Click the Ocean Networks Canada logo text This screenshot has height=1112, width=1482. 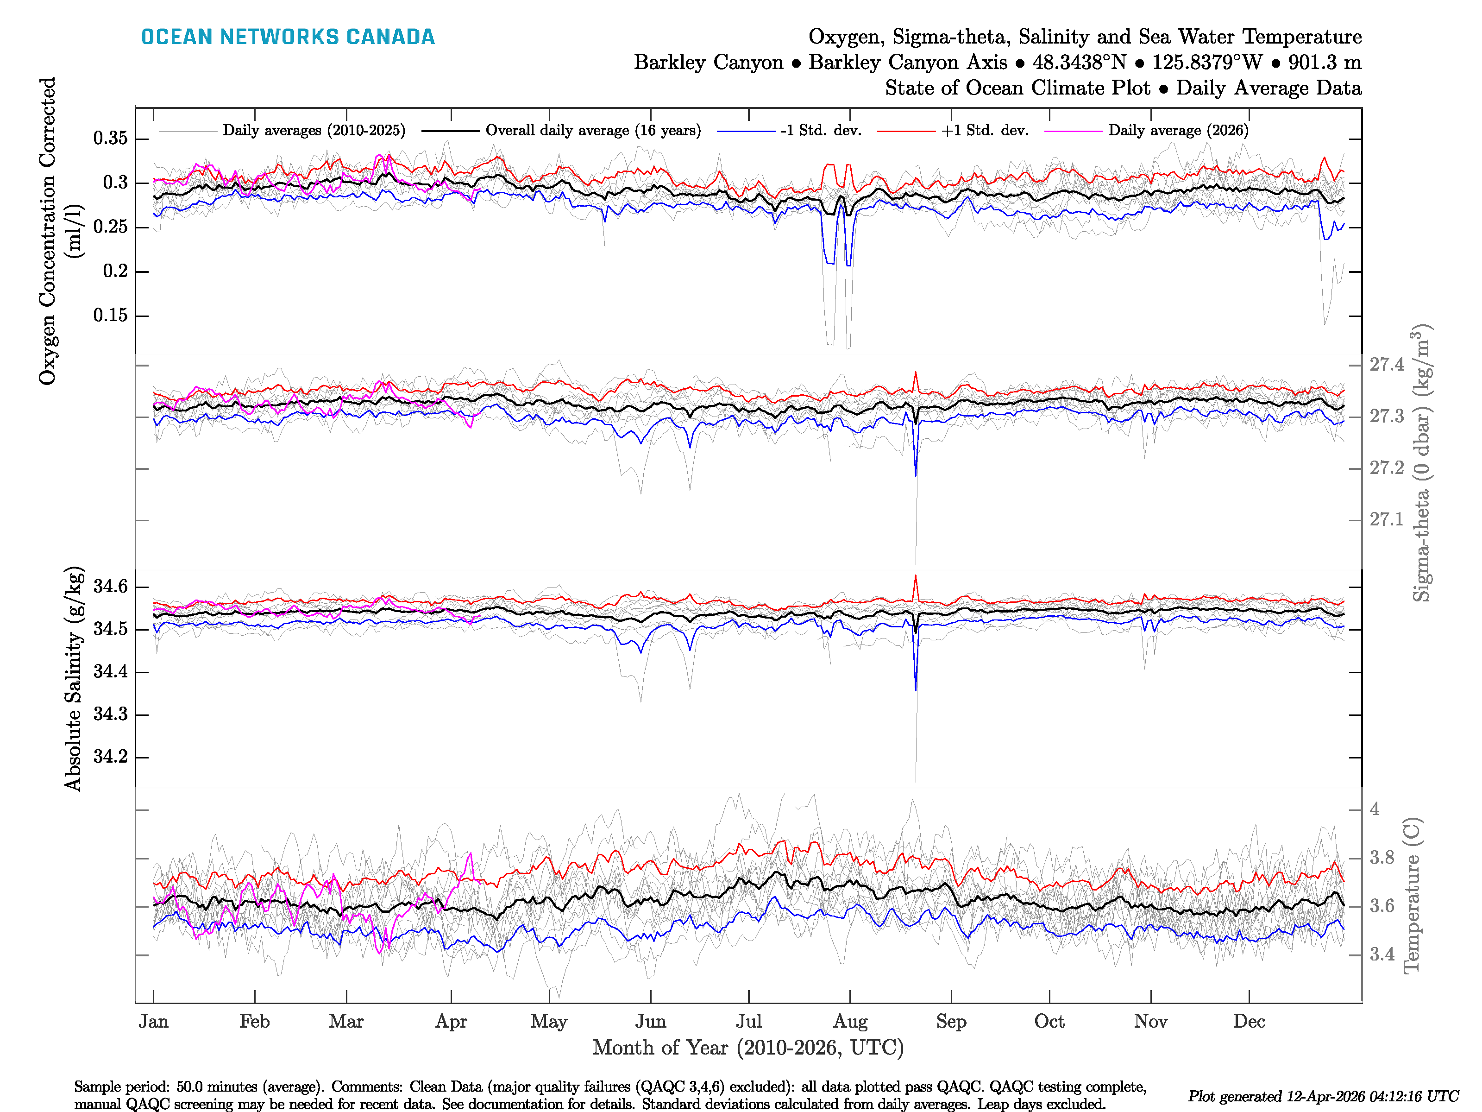coord(288,37)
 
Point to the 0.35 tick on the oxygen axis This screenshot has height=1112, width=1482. coord(111,139)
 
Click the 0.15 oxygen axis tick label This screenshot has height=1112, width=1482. coord(111,315)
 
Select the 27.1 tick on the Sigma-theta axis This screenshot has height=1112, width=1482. coord(1386,519)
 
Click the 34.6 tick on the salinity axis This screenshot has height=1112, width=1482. coord(111,587)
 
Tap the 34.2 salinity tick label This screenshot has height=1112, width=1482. coord(111,757)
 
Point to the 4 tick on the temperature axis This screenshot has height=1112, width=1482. coord(1375,809)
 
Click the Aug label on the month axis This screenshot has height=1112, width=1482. coord(850,1022)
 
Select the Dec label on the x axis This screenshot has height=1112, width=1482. coord(1249,1022)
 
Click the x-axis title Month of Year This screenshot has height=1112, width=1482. coord(747,1048)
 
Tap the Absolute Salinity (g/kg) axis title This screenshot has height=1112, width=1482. coord(74,678)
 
